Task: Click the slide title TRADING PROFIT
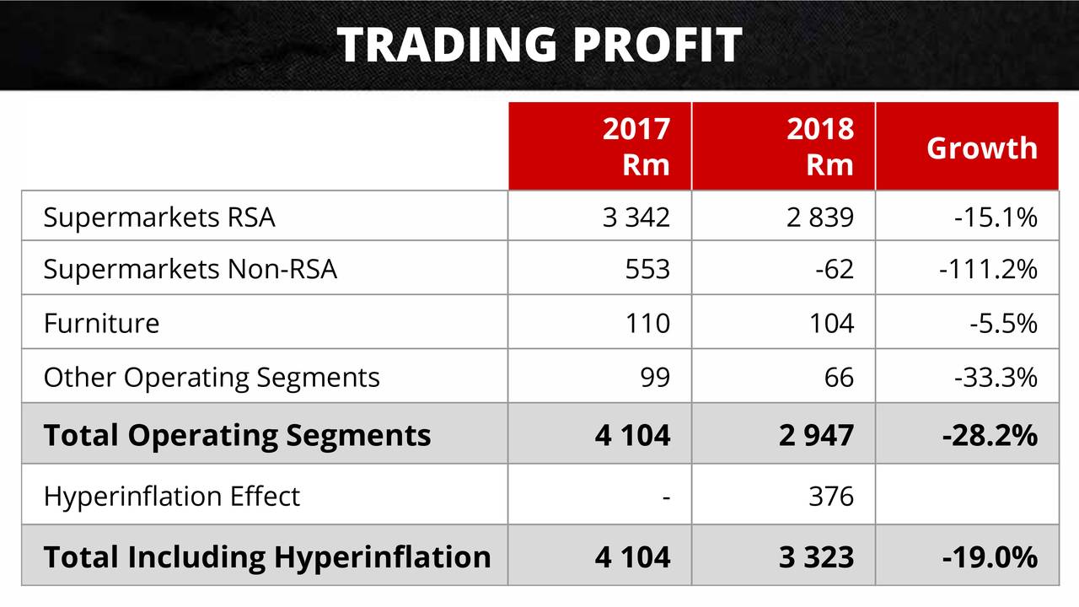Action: pos(539,45)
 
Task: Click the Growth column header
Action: pos(981,148)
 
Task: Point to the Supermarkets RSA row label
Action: pos(159,218)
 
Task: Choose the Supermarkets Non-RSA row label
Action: pos(190,269)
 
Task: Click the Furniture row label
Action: pos(101,323)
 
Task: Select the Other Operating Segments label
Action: pos(212,377)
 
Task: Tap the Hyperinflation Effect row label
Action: pos(171,496)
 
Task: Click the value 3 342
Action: pos(636,218)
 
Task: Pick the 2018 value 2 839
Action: pos(820,218)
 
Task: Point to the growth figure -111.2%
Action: pos(987,269)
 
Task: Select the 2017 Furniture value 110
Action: pos(647,323)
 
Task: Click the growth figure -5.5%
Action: pos(1003,323)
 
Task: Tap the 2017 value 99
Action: pos(655,377)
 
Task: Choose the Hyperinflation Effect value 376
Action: pos(831,496)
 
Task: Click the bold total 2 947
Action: pos(816,435)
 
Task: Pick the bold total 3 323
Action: pos(816,556)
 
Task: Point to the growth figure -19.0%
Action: pos(989,556)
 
